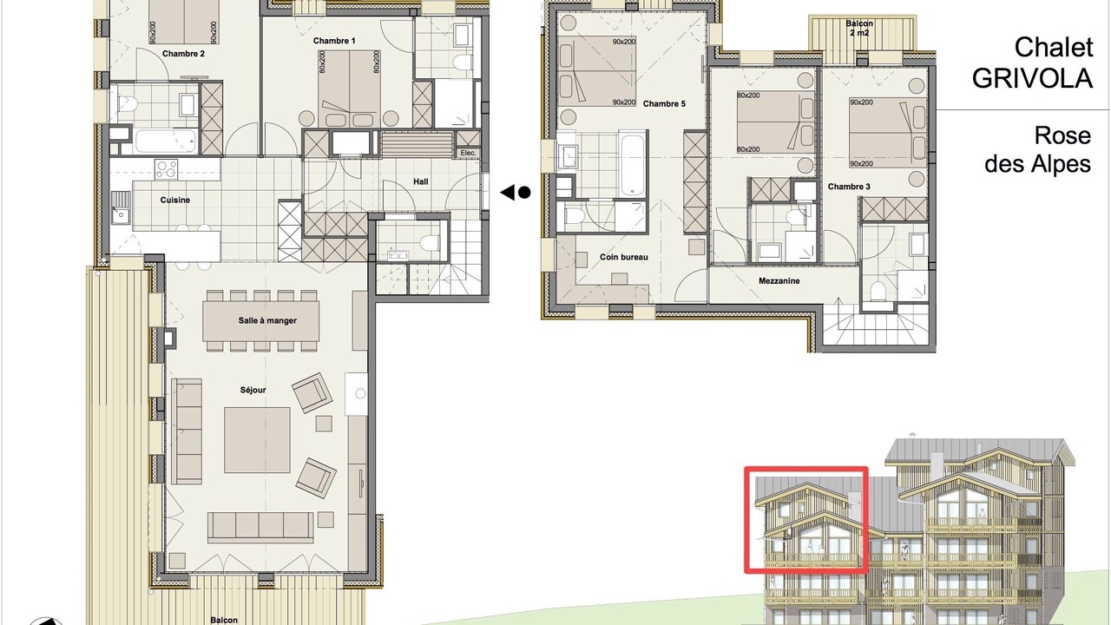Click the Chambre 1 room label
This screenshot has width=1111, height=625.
334,41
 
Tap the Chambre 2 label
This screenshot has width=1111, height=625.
183,54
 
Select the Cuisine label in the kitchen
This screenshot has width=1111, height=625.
175,200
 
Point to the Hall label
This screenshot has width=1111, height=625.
421,181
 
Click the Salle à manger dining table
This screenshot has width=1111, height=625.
261,321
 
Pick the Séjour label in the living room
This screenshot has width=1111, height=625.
253,390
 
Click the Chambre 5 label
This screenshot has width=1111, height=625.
664,103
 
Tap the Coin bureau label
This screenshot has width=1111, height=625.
624,257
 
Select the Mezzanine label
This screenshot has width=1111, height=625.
779,280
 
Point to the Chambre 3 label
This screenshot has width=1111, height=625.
849,187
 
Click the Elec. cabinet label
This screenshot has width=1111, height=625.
468,153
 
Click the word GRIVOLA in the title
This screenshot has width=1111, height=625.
1032,78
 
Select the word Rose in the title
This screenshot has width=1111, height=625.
1062,135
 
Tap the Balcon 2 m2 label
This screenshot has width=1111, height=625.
859,29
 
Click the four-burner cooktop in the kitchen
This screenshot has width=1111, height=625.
166,168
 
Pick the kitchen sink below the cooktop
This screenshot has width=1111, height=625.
119,207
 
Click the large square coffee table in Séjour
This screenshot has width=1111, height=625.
257,440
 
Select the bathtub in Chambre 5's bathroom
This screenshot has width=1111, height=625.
633,164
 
